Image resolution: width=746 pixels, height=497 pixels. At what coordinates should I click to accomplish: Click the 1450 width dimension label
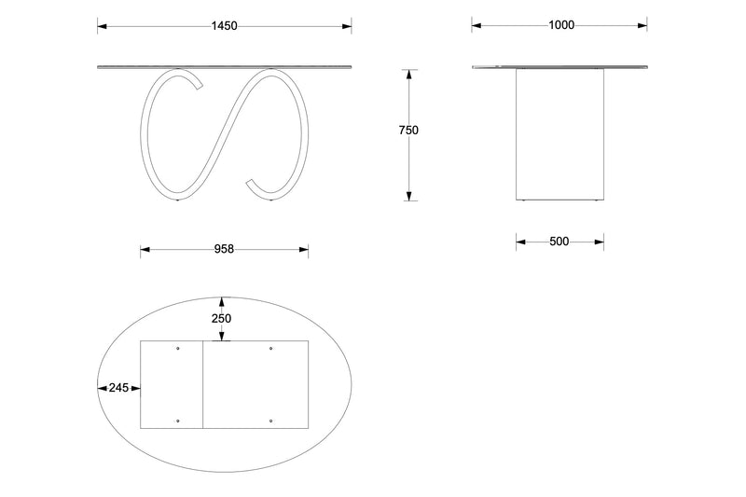tap(225, 26)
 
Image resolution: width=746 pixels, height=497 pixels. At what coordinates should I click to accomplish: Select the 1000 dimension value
tap(560, 26)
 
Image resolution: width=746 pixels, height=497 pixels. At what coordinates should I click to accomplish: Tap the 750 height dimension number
tap(408, 131)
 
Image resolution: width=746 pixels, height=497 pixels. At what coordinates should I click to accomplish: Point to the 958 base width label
tap(224, 249)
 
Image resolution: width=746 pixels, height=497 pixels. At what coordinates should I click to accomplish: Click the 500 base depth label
tap(559, 242)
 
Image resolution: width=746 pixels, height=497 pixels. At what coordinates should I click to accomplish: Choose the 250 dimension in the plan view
tap(221, 319)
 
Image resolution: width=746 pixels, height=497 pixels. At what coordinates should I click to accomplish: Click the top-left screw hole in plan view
tap(178, 349)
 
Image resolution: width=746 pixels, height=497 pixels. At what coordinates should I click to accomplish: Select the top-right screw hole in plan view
tap(270, 349)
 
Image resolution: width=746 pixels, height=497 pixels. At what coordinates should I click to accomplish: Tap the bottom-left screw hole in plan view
tap(178, 421)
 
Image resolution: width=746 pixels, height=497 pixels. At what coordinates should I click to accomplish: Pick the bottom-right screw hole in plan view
tap(270, 421)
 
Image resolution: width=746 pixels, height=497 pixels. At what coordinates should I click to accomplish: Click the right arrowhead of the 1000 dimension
tap(642, 26)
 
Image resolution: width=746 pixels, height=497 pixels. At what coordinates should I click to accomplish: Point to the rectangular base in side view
tap(559, 135)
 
